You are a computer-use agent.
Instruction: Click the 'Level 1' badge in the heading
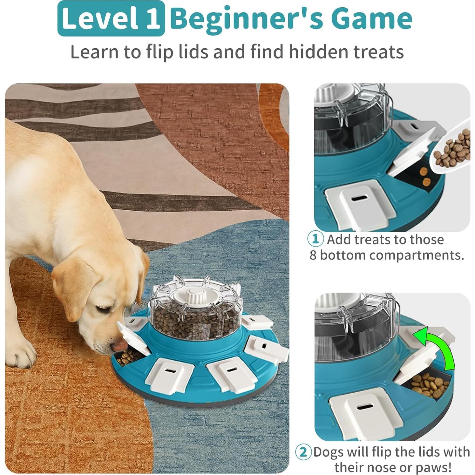click(x=111, y=18)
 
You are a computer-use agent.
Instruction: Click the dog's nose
click(x=118, y=345)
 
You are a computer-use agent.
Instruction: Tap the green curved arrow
click(x=435, y=348)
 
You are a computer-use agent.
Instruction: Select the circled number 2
click(x=303, y=452)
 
